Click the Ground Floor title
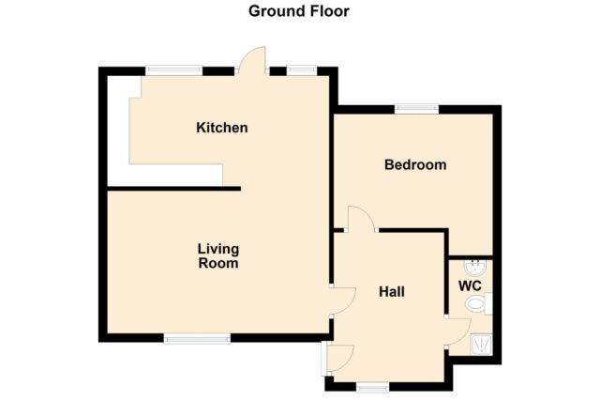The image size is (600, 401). pyautogui.click(x=299, y=11)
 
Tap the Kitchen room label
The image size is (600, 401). pyautogui.click(x=222, y=128)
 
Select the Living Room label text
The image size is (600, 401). pyautogui.click(x=218, y=256)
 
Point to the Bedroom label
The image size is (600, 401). pyautogui.click(x=415, y=165)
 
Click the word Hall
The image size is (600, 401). pyautogui.click(x=392, y=292)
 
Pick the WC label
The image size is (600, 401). pyautogui.click(x=470, y=286)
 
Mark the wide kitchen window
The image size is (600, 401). pyautogui.click(x=174, y=69)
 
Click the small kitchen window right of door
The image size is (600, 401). pyautogui.click(x=302, y=69)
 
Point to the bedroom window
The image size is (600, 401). pyautogui.click(x=416, y=109)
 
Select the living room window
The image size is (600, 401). pyautogui.click(x=197, y=338)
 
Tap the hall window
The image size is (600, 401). pyautogui.click(x=372, y=388)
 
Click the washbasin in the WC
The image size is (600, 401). pyautogui.click(x=475, y=268)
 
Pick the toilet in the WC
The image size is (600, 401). pyautogui.click(x=479, y=303)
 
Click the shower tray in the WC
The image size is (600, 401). pyautogui.click(x=482, y=345)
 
